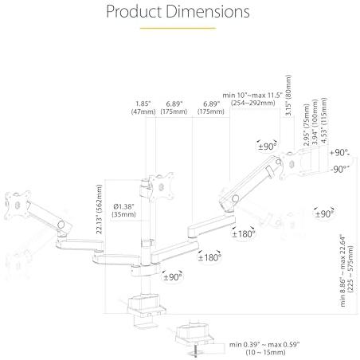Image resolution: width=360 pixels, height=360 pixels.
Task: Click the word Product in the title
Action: coord(134,12)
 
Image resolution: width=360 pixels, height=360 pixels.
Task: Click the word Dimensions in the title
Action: coord(208,11)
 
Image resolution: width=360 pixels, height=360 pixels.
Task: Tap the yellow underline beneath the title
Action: coord(178,28)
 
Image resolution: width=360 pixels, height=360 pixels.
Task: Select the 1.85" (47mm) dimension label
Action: coord(143,108)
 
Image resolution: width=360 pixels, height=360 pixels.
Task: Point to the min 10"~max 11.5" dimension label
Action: coord(252,95)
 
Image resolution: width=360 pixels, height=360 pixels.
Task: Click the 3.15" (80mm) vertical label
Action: coord(288,95)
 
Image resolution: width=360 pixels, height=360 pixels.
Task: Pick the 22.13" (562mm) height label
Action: coord(100,209)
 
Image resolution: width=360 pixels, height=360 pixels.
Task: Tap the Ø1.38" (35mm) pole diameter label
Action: coord(124,210)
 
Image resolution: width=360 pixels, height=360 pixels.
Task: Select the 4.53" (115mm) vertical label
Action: coord(324,120)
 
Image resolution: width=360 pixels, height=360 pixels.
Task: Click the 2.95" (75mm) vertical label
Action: coord(307,124)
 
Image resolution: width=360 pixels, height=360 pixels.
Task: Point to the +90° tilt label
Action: coord(339,153)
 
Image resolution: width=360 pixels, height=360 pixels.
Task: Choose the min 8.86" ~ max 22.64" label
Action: coord(342,270)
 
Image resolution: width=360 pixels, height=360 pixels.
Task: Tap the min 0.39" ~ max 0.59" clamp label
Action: coord(264,345)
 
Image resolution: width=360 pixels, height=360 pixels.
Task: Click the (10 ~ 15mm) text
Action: coord(265,352)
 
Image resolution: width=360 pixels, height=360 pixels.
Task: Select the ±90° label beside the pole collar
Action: coord(173,277)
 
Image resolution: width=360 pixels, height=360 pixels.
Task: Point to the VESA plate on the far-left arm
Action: coord(17,205)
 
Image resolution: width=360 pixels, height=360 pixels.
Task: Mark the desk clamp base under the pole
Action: coord(146,308)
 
